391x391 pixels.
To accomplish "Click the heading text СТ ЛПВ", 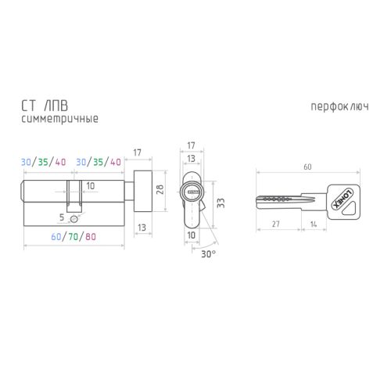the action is pos(45,106).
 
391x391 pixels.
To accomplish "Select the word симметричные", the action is pos(59,119).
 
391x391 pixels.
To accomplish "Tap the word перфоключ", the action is pos(339,107).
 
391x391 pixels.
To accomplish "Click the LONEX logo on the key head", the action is pos(343,199).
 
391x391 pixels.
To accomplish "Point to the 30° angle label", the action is pos(209,254).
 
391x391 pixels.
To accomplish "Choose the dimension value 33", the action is pos(221,203).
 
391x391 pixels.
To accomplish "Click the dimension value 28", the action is pos(160,189).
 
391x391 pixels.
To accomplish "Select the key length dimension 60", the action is pos(307,167).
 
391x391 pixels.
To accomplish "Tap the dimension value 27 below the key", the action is pos(276,224).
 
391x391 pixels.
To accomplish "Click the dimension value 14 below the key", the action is pos(314,224).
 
